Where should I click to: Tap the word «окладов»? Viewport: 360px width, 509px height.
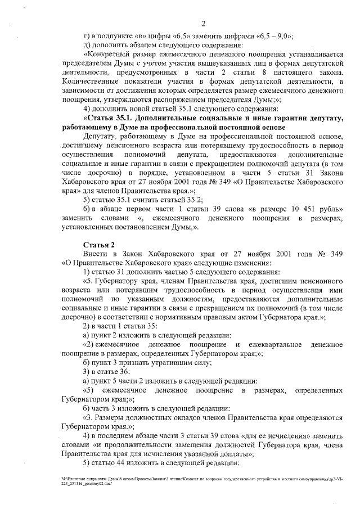point(187,417)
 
